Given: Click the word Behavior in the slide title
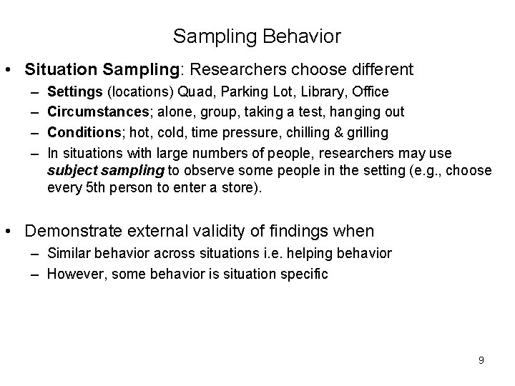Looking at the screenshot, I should point(305,35).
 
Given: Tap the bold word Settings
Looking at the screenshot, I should point(75,92).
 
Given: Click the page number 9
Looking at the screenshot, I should point(481,360).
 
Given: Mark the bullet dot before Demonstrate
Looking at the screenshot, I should point(11,231).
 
